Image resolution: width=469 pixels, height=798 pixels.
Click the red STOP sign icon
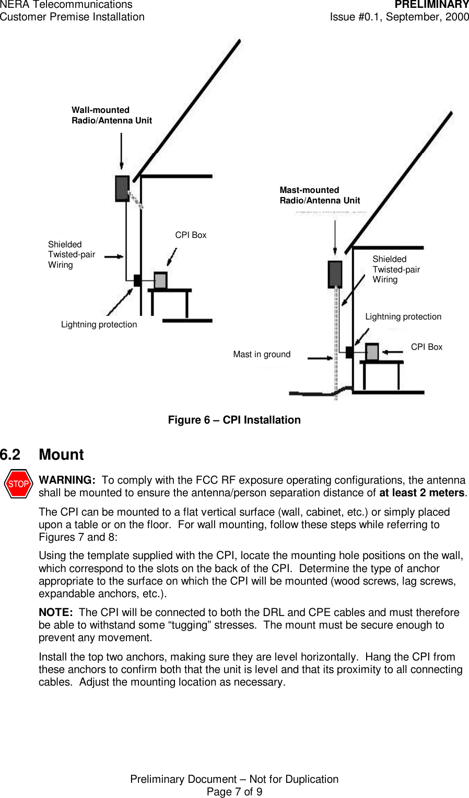(x=18, y=484)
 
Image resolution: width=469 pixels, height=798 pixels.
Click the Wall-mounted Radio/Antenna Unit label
(x=112, y=115)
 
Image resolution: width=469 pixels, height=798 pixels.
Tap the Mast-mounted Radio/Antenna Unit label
(x=320, y=195)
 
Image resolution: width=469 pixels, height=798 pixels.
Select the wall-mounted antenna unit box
(x=122, y=188)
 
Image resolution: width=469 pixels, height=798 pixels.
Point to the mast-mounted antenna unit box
(x=335, y=274)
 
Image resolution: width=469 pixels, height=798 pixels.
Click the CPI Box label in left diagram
(x=191, y=235)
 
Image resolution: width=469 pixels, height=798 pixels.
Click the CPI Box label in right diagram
(x=426, y=347)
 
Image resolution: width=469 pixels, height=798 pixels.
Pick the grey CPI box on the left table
(x=160, y=281)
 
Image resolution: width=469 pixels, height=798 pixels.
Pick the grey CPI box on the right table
(x=372, y=352)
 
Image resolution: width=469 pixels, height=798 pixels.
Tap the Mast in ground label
(x=262, y=355)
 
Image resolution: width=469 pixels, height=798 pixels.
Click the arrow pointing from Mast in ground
(x=320, y=358)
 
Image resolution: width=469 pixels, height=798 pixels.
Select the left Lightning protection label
(x=99, y=325)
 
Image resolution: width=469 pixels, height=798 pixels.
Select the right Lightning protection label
(x=403, y=317)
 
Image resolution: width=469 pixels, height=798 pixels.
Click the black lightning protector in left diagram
(x=137, y=280)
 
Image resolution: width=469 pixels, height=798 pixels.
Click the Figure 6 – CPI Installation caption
(x=234, y=420)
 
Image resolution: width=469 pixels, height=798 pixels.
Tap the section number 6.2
(x=10, y=455)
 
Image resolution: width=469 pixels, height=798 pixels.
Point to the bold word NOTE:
(x=55, y=612)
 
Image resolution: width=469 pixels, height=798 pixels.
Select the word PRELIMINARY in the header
(x=431, y=5)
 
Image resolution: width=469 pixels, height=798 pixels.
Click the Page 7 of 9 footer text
(x=234, y=792)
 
